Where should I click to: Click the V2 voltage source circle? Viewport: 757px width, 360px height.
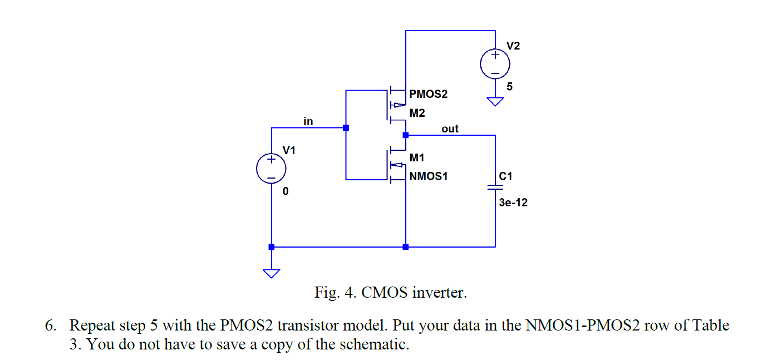[x=495, y=63]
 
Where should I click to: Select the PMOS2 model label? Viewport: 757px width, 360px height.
[x=428, y=94]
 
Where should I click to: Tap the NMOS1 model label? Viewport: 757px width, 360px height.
[x=428, y=176]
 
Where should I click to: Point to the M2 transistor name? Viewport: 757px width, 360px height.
[x=417, y=113]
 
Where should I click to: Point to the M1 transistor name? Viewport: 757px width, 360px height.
[x=417, y=158]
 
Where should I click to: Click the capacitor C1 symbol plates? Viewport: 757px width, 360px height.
[x=495, y=186]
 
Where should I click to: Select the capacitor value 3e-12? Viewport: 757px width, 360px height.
[x=513, y=203]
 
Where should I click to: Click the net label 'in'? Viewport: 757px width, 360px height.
[x=308, y=121]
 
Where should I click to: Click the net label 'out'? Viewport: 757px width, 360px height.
[x=450, y=129]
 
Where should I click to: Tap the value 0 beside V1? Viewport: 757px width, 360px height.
[x=285, y=192]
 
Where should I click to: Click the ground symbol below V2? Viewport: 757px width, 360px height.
[x=495, y=102]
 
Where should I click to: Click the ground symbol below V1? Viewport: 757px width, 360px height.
[x=271, y=273]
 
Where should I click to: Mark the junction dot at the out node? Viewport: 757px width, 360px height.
[x=406, y=135]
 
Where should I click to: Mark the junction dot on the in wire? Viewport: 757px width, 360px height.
[x=346, y=127]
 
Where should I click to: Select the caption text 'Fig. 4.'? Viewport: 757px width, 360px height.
[x=335, y=292]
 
